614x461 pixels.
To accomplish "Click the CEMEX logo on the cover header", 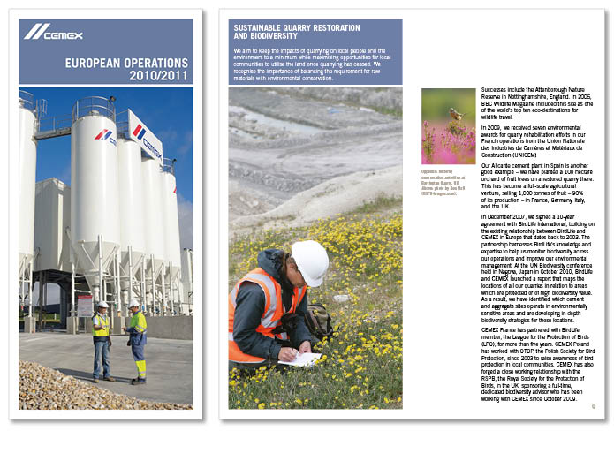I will pyautogui.click(x=53, y=33).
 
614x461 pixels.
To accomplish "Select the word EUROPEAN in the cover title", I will pyautogui.click(x=96, y=64).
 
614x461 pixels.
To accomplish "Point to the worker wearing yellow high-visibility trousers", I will pyautogui.click(x=137, y=340).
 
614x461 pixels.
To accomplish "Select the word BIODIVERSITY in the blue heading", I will pyautogui.click(x=262, y=37).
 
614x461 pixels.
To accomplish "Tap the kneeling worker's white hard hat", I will pyautogui.click(x=310, y=261).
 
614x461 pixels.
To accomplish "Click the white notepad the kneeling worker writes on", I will pyautogui.click(x=299, y=359).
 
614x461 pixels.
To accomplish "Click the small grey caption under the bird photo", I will pyautogui.click(x=447, y=177).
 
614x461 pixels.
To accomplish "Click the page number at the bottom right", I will pyautogui.click(x=595, y=407).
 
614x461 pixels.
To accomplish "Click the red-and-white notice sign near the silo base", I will pyautogui.click(x=85, y=306).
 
